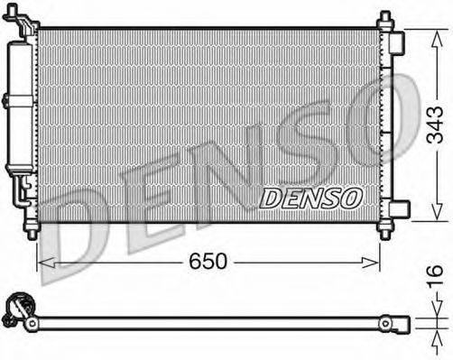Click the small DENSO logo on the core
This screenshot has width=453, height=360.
click(311, 195)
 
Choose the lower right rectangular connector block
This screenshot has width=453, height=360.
click(398, 209)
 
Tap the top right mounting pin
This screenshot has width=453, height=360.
click(385, 19)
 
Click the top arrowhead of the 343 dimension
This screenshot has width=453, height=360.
click(435, 33)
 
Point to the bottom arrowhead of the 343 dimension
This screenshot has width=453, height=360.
click(435, 216)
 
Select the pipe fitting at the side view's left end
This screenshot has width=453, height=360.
click(16, 311)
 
